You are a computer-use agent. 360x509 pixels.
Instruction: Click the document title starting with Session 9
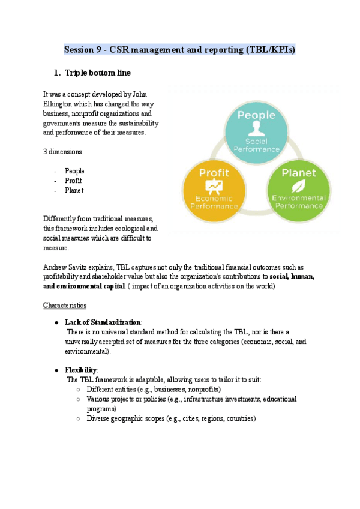(179, 50)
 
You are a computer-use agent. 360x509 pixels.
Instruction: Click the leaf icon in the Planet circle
(298, 185)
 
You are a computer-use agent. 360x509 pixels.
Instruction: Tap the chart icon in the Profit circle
(214, 186)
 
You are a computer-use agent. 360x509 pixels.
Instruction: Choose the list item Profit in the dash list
(73, 181)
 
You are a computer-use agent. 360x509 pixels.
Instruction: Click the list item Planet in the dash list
(74, 190)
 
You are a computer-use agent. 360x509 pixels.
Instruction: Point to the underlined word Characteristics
(65, 305)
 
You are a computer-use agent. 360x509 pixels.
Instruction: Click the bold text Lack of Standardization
(103, 322)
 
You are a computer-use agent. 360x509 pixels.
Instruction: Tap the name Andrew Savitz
(66, 267)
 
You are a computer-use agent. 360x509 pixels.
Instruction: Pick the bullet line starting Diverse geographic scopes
(171, 418)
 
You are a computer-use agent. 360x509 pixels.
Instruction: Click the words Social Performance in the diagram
(256, 145)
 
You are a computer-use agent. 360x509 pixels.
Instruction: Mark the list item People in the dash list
(74, 171)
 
